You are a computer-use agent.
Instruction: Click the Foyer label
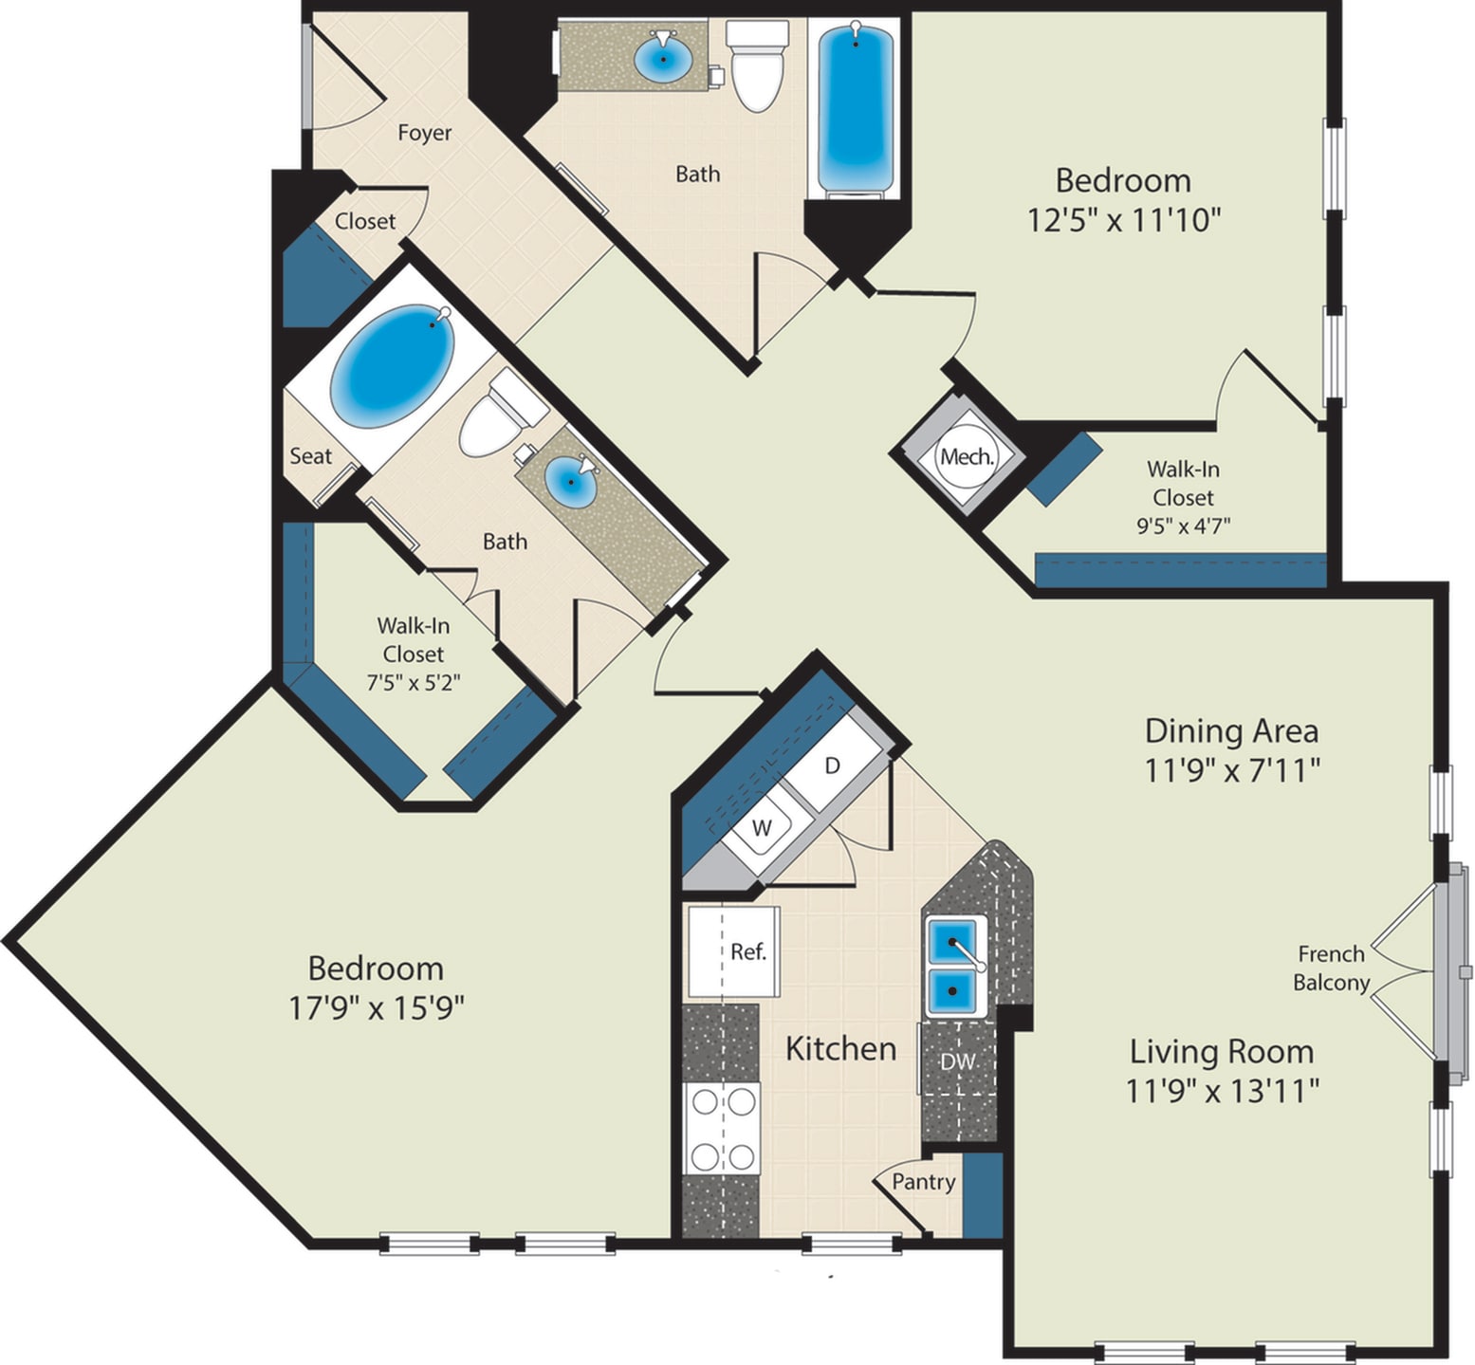pyautogui.click(x=424, y=133)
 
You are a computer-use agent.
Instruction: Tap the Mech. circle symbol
pyautogui.click(x=967, y=456)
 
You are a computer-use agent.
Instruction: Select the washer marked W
pyautogui.click(x=761, y=827)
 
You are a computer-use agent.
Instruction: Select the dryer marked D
pyautogui.click(x=832, y=766)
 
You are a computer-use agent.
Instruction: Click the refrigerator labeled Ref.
pyautogui.click(x=733, y=951)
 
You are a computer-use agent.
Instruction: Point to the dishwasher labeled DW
pyautogui.click(x=957, y=1061)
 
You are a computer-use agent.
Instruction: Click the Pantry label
pyautogui.click(x=923, y=1182)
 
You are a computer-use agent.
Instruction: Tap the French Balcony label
pyautogui.click(x=1331, y=968)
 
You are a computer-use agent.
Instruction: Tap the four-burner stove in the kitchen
pyautogui.click(x=722, y=1129)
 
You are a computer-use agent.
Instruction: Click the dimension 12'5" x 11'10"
pyautogui.click(x=1123, y=220)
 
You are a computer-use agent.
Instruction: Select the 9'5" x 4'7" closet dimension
pyautogui.click(x=1183, y=526)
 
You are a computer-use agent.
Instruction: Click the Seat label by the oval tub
pyautogui.click(x=310, y=456)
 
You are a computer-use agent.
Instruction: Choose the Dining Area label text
pyautogui.click(x=1231, y=730)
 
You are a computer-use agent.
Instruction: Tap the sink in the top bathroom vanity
pyautogui.click(x=662, y=59)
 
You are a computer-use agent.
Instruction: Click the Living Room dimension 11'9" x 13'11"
pyautogui.click(x=1222, y=1091)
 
